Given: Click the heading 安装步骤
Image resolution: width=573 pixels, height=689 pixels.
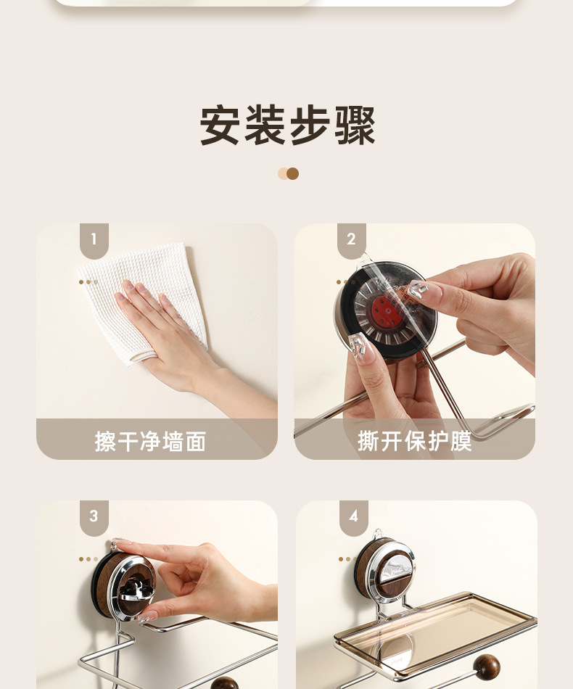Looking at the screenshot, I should click(x=288, y=125).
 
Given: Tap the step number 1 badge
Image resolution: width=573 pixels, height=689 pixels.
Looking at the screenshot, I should click(x=94, y=240).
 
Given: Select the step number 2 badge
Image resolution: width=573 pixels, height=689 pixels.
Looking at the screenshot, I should click(x=352, y=240).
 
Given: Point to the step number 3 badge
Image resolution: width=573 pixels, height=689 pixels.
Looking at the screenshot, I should click(x=94, y=516).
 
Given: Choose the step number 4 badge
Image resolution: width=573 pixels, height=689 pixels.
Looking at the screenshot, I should click(x=353, y=516).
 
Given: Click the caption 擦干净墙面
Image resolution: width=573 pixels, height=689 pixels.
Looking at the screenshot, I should click(x=150, y=441).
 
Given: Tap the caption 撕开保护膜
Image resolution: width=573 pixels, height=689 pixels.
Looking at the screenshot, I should click(x=414, y=441).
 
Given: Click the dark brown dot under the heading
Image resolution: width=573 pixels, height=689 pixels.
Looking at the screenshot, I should click(x=292, y=173).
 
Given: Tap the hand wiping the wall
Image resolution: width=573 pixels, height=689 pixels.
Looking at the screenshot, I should click(x=160, y=326).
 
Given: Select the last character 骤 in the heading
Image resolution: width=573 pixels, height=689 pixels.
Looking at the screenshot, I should click(x=355, y=125).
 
